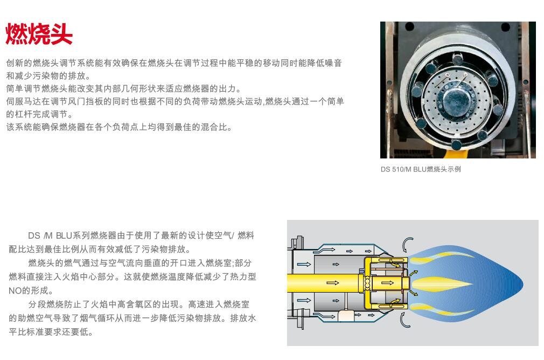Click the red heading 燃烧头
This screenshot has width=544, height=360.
pos(39,34)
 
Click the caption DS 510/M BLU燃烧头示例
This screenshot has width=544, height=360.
pos(421,169)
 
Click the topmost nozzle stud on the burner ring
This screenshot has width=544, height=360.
pos(458,59)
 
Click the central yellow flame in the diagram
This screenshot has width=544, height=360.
pos(441,284)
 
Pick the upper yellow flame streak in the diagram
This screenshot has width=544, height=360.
pos(441,258)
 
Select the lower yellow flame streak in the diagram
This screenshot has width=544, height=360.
pos(440,309)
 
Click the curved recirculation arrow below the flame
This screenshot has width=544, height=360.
pos(404,320)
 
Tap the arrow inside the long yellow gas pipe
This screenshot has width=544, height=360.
pos(333,283)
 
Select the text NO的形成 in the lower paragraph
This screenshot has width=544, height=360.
pos(31,290)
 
